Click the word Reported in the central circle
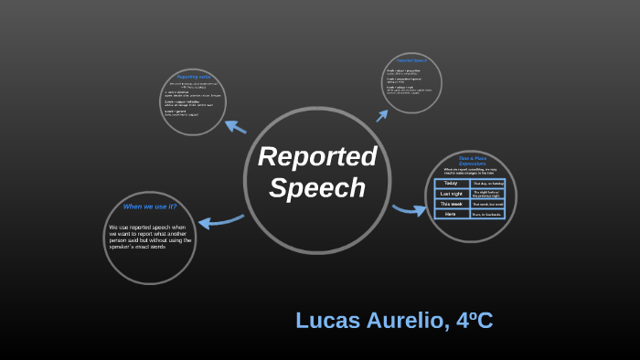317,156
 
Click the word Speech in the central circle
317,187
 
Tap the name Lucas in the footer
326,321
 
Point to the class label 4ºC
474,321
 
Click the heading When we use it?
150,206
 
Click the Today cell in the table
452,183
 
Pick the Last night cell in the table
452,193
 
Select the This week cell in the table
452,204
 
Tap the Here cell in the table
452,214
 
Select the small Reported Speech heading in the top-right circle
411,60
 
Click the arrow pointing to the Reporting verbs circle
235,127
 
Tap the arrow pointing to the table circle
410,210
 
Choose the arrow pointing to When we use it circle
219,220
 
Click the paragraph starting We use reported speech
149,237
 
